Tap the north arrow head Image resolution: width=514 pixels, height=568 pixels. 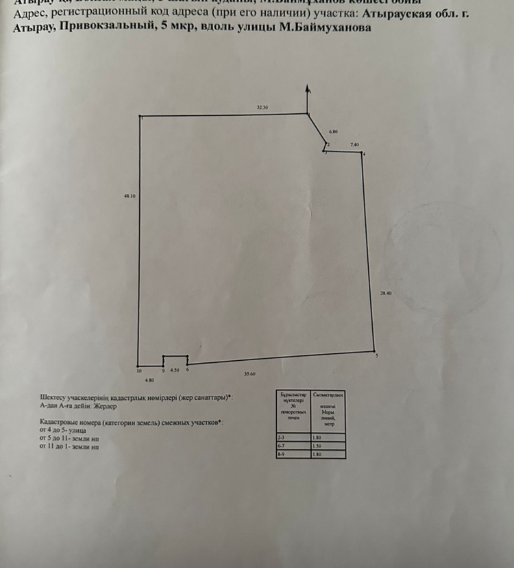pyautogui.click(x=308, y=88)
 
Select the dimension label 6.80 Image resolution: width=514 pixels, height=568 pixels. pyautogui.click(x=334, y=130)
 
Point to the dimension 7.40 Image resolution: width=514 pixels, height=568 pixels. pyautogui.click(x=354, y=145)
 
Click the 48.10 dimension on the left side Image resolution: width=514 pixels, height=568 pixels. pyautogui.click(x=130, y=196)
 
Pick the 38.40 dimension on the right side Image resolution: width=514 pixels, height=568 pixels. pyautogui.click(x=386, y=293)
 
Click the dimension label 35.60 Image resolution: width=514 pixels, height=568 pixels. pyautogui.click(x=249, y=374)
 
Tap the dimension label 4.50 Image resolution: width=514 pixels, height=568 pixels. pyautogui.click(x=175, y=370)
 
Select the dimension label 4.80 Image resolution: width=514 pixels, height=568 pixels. pyautogui.click(x=149, y=379)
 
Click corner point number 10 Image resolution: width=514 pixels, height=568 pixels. pyautogui.click(x=139, y=370)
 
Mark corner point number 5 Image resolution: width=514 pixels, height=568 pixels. pyautogui.click(x=377, y=355)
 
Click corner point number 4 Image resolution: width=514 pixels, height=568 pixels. pyautogui.click(x=364, y=154)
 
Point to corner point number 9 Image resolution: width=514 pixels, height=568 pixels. pyautogui.click(x=163, y=370)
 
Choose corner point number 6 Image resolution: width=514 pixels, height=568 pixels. pyautogui.click(x=187, y=370)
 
